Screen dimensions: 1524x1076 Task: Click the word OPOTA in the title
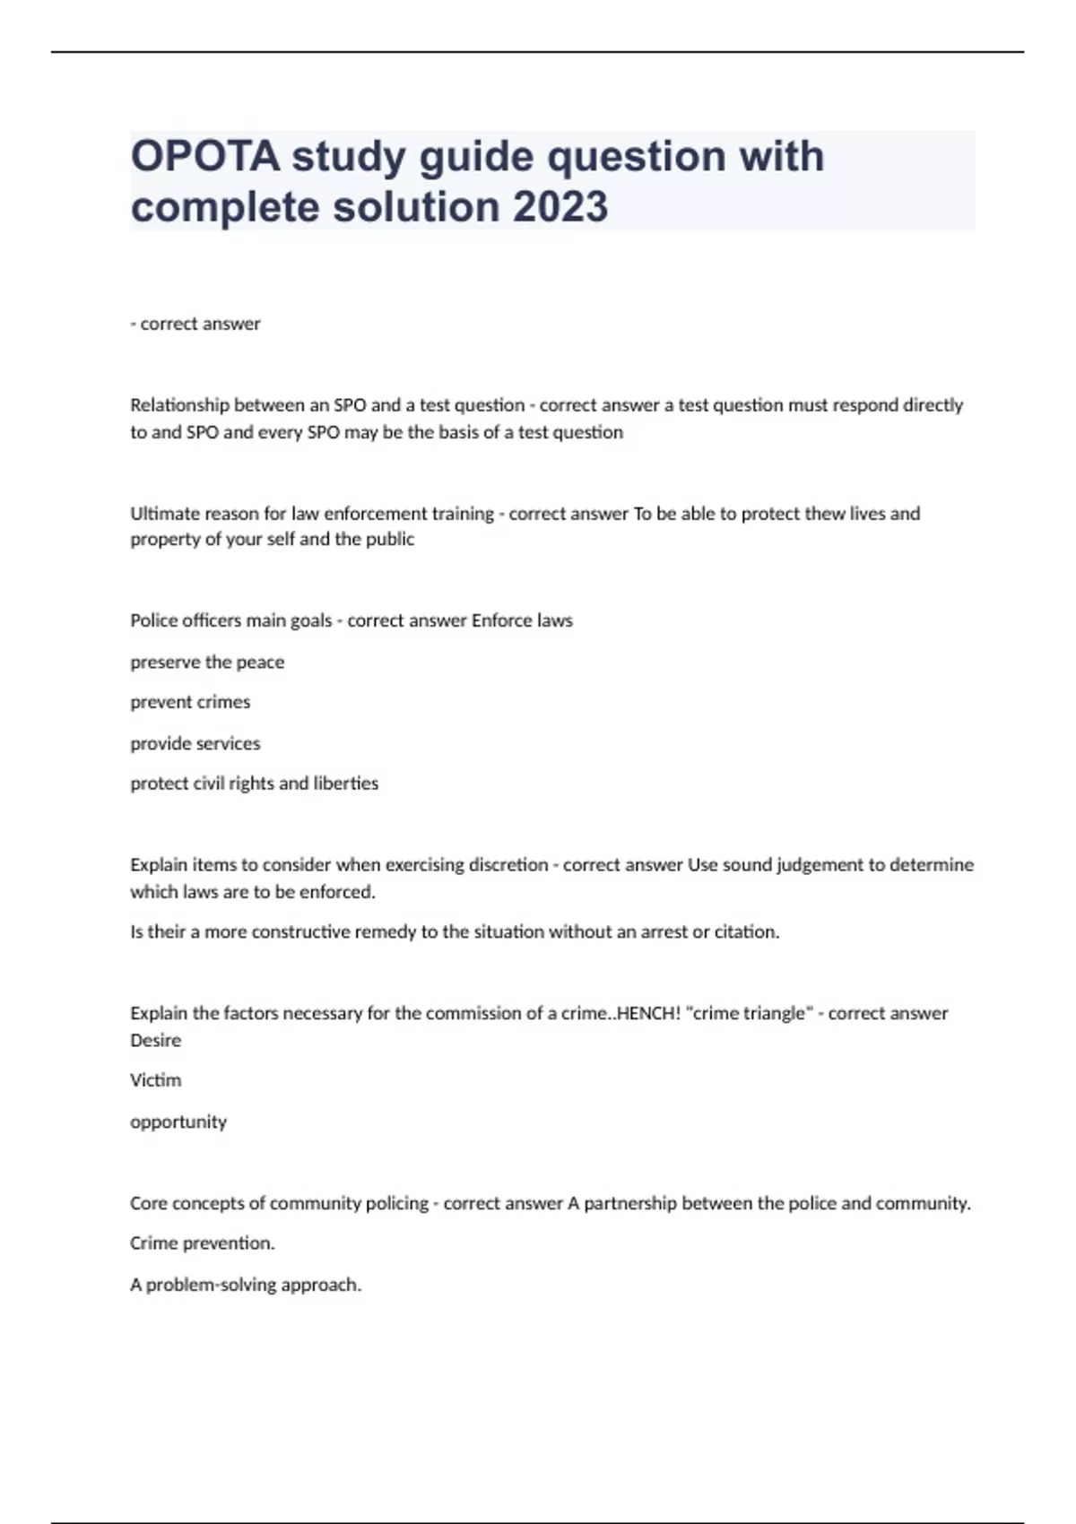coord(205,156)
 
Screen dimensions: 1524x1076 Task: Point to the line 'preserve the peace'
coord(207,662)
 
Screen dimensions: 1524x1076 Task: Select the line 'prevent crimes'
coord(190,702)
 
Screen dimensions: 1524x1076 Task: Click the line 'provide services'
coord(195,743)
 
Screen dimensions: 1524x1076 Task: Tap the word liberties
coord(346,784)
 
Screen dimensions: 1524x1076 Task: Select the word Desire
coord(156,1041)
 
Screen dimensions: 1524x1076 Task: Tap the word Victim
coord(156,1080)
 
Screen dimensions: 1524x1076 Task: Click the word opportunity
coord(178,1122)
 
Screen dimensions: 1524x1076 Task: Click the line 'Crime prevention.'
coord(203,1243)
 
